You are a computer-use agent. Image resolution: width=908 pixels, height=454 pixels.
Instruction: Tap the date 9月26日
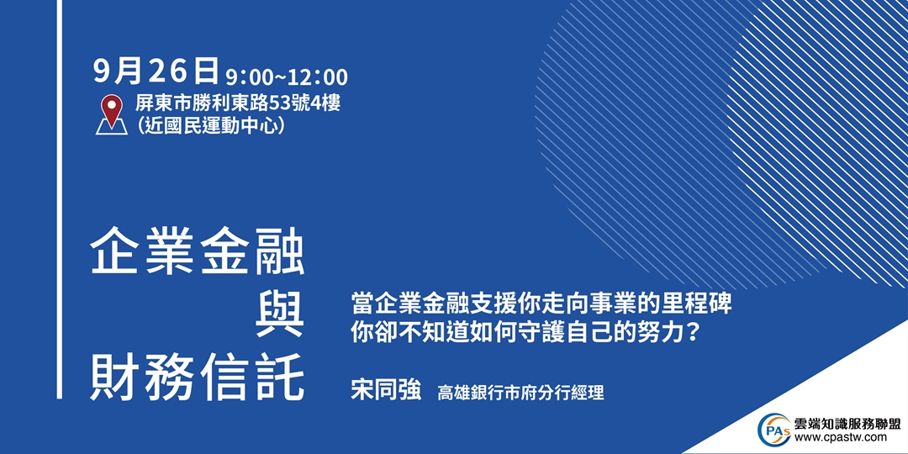(156, 72)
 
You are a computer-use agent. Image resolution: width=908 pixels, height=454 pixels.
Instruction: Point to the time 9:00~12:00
(286, 77)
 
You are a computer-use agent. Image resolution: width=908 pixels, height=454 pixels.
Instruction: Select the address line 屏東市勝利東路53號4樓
(238, 105)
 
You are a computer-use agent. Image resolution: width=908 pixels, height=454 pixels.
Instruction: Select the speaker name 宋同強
(386, 391)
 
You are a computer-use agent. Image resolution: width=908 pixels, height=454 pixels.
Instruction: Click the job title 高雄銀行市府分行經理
(520, 393)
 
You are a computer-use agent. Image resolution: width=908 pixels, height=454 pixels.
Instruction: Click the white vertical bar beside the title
(60, 199)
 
